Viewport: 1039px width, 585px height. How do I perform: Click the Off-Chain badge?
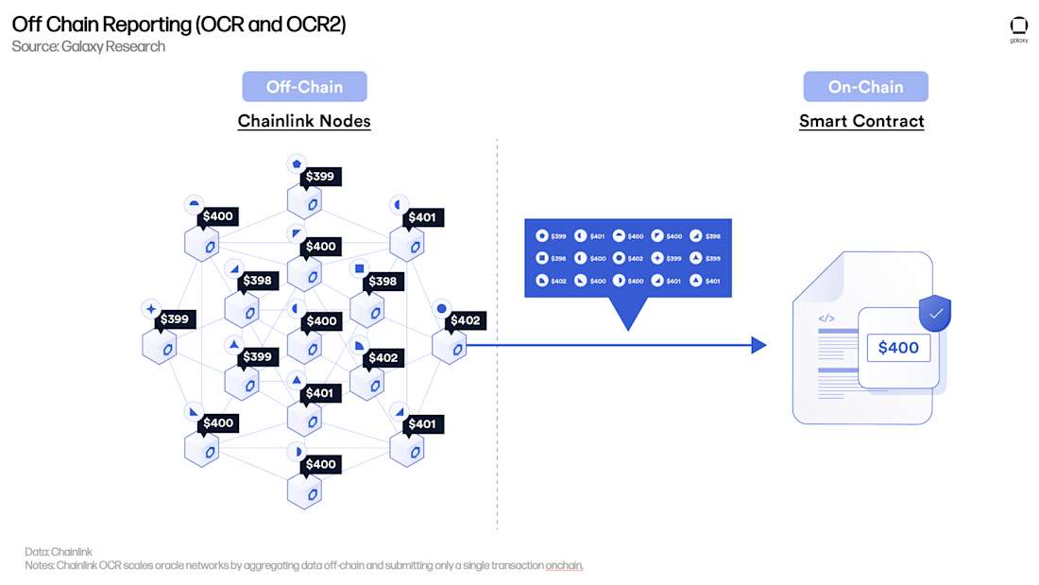pyautogui.click(x=304, y=87)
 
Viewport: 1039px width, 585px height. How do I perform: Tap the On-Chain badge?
pyautogui.click(x=865, y=87)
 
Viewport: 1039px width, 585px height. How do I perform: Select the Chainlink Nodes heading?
pyautogui.click(x=304, y=121)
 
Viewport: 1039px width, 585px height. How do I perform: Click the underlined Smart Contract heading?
pyautogui.click(x=861, y=121)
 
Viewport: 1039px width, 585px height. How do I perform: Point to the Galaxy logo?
pyautogui.click(x=1018, y=27)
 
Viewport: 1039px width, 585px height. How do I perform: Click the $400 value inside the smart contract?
pyautogui.click(x=897, y=348)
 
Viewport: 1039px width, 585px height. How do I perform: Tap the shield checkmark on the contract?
pyautogui.click(x=935, y=313)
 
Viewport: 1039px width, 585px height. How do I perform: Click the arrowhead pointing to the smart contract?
pyautogui.click(x=758, y=345)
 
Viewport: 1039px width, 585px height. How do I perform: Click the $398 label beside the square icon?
pyautogui.click(x=383, y=282)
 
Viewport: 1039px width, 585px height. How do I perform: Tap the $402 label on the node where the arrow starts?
pyautogui.click(x=465, y=320)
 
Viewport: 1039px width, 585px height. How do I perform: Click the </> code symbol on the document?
pyautogui.click(x=826, y=318)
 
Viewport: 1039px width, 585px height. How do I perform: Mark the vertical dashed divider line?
pyautogui.click(x=497, y=425)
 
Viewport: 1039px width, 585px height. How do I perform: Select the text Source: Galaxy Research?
pyautogui.click(x=88, y=46)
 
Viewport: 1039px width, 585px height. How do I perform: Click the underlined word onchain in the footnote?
pyautogui.click(x=564, y=565)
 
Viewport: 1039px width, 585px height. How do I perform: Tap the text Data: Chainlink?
pyautogui.click(x=59, y=551)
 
